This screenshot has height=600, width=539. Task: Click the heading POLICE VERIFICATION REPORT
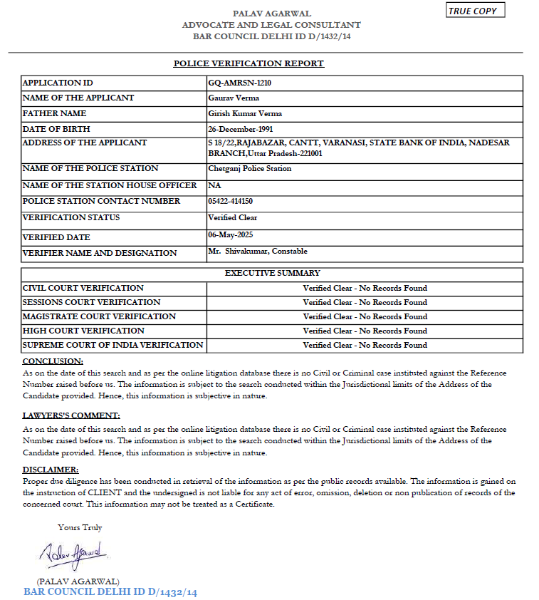point(248,63)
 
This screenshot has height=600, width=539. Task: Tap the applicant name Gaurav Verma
point(234,98)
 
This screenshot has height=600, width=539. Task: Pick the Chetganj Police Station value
point(249,169)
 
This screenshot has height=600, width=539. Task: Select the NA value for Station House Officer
point(214,185)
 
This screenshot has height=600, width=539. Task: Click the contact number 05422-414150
point(230,202)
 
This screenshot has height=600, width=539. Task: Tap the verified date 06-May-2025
point(231,234)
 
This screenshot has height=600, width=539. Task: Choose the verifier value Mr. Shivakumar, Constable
point(258,251)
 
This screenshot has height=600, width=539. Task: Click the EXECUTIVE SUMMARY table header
point(272,273)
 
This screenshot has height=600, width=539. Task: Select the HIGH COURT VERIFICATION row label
point(83,331)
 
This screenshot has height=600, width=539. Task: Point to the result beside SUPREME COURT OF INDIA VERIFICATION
point(365,345)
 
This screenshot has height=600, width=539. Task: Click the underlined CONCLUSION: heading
point(53,361)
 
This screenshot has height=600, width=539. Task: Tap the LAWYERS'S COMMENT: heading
point(71,415)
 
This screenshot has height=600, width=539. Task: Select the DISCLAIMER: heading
point(51,470)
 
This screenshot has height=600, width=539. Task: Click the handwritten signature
point(72,552)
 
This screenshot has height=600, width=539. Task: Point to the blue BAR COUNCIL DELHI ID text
point(110,592)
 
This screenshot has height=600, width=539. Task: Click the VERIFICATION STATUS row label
point(71,217)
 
